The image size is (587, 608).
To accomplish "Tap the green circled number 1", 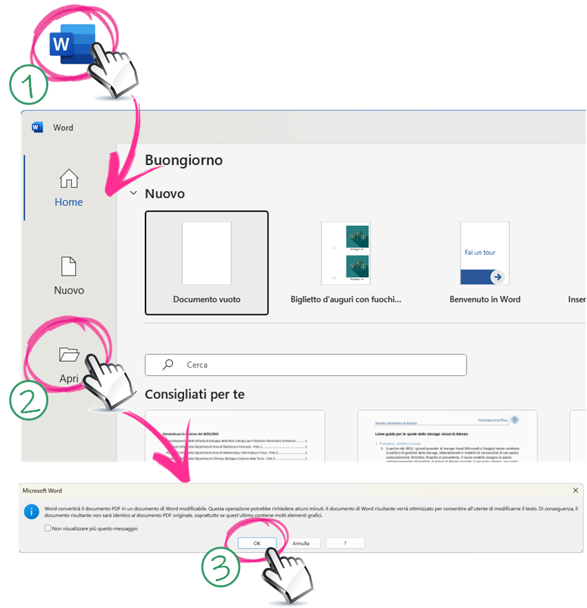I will pos(28,86).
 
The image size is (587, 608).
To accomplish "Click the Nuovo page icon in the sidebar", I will pos(69,267).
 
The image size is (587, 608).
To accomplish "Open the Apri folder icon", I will pos(69,354).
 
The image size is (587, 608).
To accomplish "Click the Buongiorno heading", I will pos(183,160).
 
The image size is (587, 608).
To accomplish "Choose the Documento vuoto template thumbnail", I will pos(206,254).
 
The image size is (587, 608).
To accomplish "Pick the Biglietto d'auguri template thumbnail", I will pos(346,254).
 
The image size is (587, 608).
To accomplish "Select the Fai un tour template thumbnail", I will pos(484,254).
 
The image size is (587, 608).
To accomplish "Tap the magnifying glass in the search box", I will pos(167,365).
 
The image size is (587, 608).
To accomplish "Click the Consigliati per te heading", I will pos(195,395).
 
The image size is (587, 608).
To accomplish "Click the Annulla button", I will pos(301,543).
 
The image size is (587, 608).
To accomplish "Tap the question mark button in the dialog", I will pos(345,543).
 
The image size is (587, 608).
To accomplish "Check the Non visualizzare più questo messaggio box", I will pos(48,529).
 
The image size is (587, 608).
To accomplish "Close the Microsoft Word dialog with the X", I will pos(575,490).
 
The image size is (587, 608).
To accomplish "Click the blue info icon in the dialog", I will pos(31,512).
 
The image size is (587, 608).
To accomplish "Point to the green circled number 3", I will pos(220,569).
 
